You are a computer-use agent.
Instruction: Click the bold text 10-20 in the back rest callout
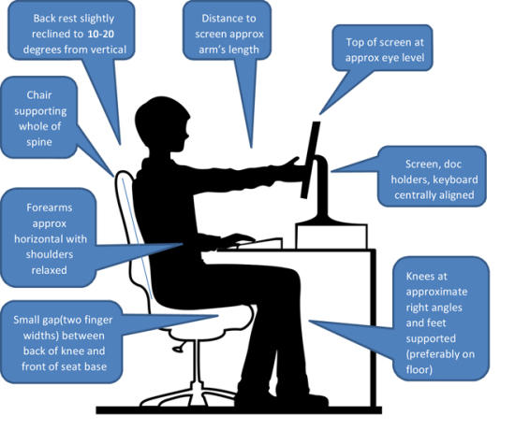pos(101,34)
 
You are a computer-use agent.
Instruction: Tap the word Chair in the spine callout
pos(39,95)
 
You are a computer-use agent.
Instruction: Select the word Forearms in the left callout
pos(50,208)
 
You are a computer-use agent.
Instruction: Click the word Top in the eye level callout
pos(354,42)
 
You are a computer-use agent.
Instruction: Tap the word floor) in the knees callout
pos(419,369)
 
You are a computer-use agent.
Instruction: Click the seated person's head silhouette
pos(162,124)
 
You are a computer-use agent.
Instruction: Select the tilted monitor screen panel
pos(310,160)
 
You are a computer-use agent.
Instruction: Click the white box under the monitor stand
pos(331,236)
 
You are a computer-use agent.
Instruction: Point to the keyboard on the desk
pos(259,243)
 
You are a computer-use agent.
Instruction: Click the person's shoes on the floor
pos(282,397)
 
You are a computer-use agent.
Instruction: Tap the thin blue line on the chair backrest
pos(137,238)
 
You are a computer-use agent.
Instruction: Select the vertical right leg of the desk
pos(373,328)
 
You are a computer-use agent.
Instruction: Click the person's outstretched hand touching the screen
pos(292,164)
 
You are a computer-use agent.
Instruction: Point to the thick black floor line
pos(239,410)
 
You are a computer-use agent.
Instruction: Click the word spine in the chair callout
pos(39,142)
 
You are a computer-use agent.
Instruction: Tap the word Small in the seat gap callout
pos(26,320)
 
